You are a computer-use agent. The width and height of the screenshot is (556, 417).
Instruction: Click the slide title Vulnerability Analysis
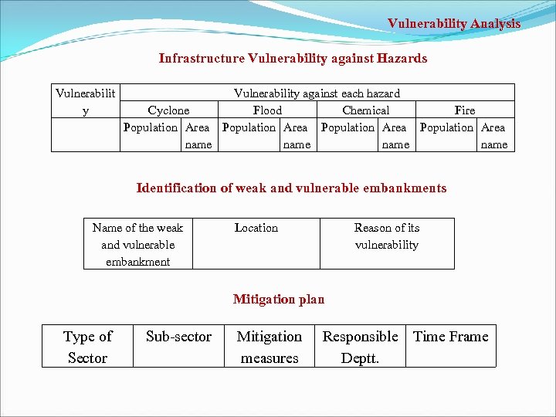(x=454, y=24)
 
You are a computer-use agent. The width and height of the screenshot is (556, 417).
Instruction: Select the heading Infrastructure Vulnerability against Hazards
(x=293, y=59)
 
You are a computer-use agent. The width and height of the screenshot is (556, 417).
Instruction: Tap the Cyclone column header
(x=168, y=110)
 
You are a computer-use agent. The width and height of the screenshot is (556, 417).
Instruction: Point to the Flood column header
(x=267, y=110)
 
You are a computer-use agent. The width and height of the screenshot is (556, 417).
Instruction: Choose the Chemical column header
(x=365, y=110)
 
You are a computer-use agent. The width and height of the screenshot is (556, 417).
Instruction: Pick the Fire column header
(x=465, y=110)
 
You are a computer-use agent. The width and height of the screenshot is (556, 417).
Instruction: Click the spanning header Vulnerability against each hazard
(x=317, y=93)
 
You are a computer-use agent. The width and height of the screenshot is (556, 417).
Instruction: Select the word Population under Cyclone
(x=150, y=127)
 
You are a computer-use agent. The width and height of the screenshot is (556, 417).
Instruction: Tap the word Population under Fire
(x=446, y=127)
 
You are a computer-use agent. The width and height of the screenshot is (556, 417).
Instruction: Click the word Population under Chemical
(x=347, y=127)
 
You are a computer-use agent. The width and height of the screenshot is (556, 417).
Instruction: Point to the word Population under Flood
(x=249, y=127)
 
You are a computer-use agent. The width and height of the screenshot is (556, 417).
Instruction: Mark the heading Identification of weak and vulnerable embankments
(x=291, y=188)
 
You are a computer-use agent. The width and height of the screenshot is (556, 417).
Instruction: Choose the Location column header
(x=256, y=228)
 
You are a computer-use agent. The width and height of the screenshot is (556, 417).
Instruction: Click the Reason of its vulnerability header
(x=387, y=236)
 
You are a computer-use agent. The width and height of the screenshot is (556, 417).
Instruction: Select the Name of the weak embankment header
(x=137, y=244)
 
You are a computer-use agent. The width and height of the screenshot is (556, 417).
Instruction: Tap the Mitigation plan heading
(x=279, y=300)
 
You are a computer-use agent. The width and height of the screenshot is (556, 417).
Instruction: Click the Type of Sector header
(x=87, y=347)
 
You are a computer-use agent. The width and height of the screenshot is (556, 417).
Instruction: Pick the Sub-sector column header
(x=178, y=337)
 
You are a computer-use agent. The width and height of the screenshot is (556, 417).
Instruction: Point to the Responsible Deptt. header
(x=360, y=347)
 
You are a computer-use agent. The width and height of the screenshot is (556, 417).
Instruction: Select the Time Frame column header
(x=451, y=337)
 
